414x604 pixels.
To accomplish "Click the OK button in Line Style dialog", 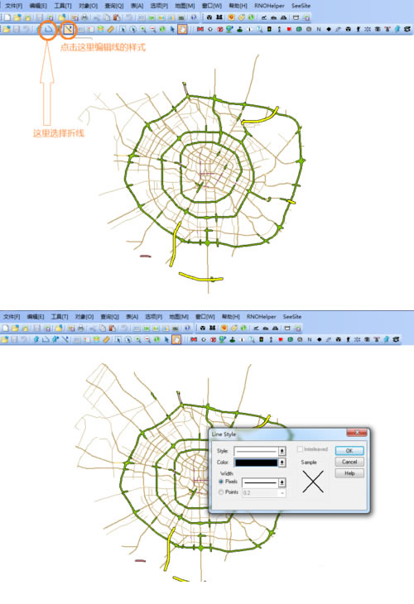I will coord(349,451).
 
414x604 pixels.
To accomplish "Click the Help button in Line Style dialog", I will coord(349,473).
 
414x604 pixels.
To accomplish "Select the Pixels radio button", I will coord(220,481).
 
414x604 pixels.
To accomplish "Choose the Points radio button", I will coord(220,492).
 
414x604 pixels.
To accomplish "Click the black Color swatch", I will coord(258,463).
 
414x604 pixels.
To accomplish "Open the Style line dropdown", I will coord(282,450).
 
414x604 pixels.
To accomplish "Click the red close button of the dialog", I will coord(359,433).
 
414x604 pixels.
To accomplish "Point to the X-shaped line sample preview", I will coord(312,482).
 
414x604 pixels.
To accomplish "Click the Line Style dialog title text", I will coord(224,434).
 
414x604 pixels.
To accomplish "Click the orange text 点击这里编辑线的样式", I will coord(103,47).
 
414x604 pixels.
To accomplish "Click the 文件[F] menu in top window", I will coord(12,5).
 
